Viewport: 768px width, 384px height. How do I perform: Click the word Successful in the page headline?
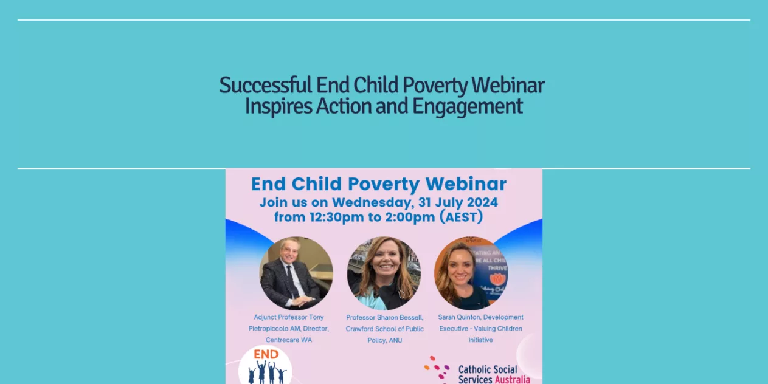tap(265, 85)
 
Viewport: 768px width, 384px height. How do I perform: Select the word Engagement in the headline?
tap(467, 106)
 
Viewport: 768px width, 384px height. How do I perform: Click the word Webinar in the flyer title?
tap(466, 184)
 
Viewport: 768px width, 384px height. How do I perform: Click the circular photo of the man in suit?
tap(296, 273)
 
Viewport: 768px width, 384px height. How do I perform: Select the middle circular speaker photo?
tap(384, 273)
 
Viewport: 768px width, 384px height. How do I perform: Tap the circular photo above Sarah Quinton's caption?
tap(471, 273)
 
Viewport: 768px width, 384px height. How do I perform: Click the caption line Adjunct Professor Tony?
tap(289, 317)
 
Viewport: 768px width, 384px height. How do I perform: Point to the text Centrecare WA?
tap(289, 340)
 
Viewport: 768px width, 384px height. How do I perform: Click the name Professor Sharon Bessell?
tap(384, 317)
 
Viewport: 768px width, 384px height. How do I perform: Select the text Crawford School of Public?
tap(384, 329)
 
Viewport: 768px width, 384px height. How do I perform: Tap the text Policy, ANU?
tap(384, 340)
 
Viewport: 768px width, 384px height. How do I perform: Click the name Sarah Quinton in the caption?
tap(458, 317)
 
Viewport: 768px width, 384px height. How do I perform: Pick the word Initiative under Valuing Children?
tap(480, 340)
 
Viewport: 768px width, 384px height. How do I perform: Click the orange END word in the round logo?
tap(266, 355)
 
